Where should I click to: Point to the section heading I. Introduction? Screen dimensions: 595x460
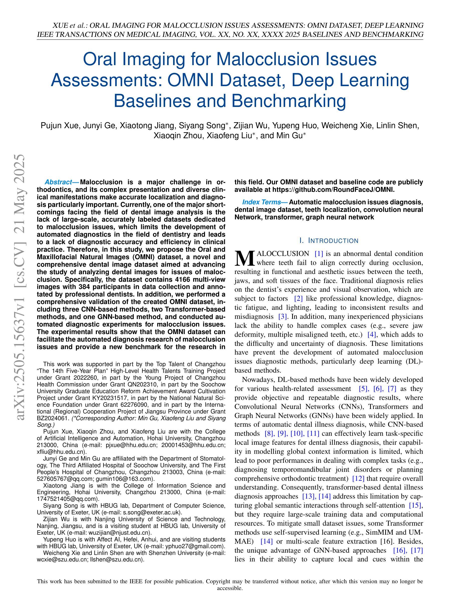[x=329, y=241]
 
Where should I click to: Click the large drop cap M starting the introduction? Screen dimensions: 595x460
[x=245, y=258]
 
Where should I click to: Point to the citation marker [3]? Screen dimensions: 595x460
[x=283, y=317]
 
